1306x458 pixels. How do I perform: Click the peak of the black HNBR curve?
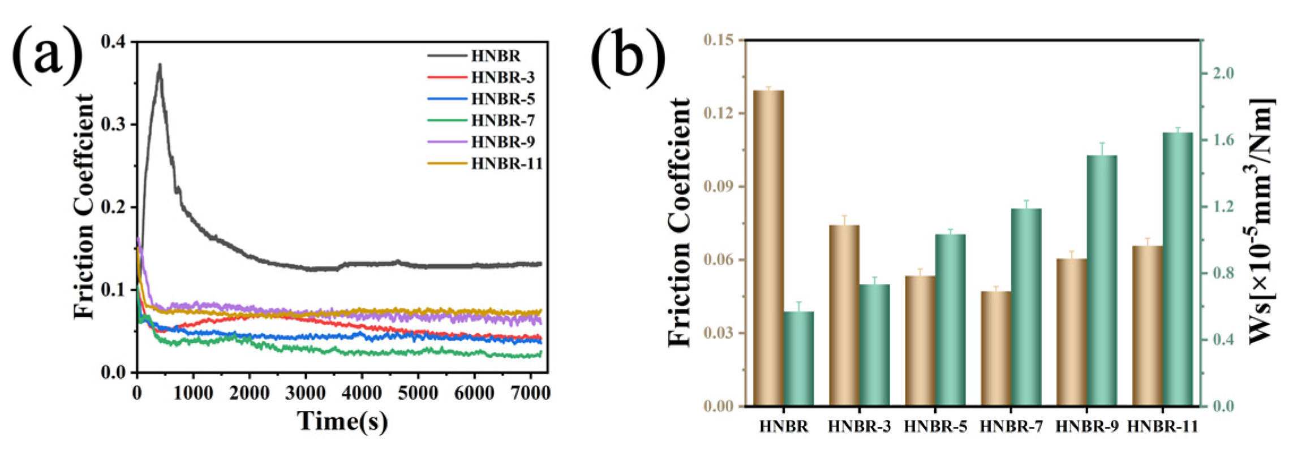(160, 66)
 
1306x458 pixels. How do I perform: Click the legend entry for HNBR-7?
(502, 120)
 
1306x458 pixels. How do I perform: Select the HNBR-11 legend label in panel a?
(506, 164)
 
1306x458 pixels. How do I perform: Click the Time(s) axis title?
(342, 422)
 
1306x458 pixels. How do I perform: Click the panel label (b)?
(628, 57)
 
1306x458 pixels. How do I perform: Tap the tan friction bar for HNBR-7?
(995, 348)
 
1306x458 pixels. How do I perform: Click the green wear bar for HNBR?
(798, 358)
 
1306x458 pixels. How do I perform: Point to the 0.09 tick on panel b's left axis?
(718, 187)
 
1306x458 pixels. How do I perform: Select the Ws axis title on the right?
(1262, 221)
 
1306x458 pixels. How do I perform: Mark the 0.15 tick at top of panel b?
(718, 40)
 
